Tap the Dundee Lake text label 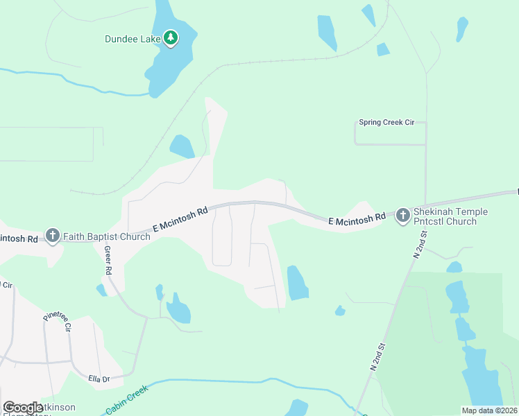[133, 40]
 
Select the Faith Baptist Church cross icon [53, 236]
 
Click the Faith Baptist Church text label [107, 237]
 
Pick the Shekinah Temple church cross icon [403, 216]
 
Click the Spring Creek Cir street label [386, 123]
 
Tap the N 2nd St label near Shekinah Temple [418, 245]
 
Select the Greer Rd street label [108, 260]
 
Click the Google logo [23, 408]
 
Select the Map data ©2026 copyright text [489, 410]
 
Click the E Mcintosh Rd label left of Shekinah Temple [357, 219]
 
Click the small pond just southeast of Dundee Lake [182, 146]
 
